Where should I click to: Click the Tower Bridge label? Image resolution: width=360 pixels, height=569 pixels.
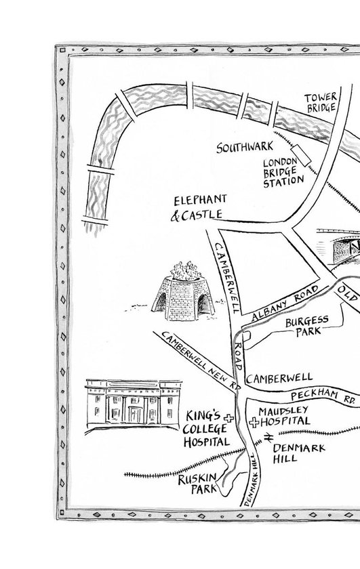click(x=321, y=103)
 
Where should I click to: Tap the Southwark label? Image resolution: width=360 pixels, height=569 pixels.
click(x=245, y=147)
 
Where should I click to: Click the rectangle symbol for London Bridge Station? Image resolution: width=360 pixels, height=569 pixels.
click(x=301, y=154)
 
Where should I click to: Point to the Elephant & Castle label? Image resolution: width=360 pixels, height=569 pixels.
click(x=199, y=208)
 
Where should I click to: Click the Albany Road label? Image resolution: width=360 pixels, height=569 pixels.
click(x=285, y=303)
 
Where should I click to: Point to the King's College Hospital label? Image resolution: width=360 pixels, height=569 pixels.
click(x=206, y=429)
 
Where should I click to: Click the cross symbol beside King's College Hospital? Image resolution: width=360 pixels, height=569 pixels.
click(x=228, y=418)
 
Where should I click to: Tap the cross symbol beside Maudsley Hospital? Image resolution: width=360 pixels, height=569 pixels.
click(x=254, y=422)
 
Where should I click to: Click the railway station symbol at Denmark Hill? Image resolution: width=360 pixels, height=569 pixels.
click(x=268, y=438)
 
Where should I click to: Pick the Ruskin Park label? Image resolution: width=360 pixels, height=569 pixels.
click(x=198, y=484)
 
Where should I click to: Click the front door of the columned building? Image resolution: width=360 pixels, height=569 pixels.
click(x=136, y=415)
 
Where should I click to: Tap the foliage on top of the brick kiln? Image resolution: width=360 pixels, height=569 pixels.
click(x=186, y=271)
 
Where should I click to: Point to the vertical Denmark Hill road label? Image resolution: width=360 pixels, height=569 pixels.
click(x=253, y=480)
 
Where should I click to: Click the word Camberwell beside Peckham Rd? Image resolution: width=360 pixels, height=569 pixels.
click(x=279, y=378)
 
